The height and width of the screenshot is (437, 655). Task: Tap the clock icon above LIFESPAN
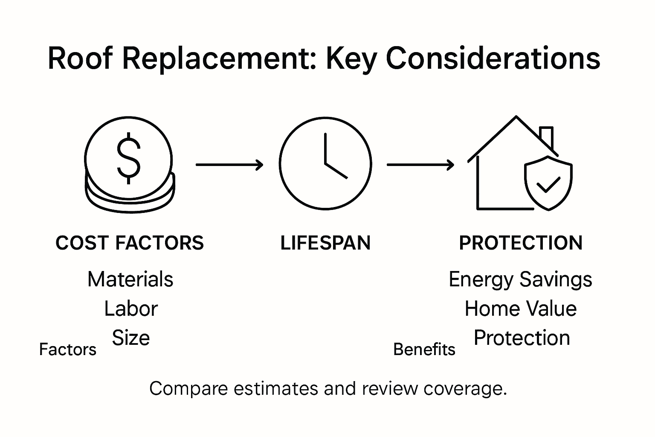pyautogui.click(x=325, y=164)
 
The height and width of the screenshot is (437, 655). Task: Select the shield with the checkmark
pyautogui.click(x=548, y=183)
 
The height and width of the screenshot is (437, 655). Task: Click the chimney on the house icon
pyautogui.click(x=546, y=137)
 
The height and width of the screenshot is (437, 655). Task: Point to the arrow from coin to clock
pyautogui.click(x=229, y=164)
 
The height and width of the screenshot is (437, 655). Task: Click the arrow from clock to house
pyautogui.click(x=420, y=164)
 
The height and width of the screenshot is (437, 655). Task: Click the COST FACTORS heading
pyautogui.click(x=130, y=243)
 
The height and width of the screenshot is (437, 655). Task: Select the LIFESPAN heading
pyautogui.click(x=325, y=243)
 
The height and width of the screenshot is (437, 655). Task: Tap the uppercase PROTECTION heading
pyautogui.click(x=521, y=243)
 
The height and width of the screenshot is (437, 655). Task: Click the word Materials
pyautogui.click(x=130, y=280)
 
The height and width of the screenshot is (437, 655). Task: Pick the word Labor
pyautogui.click(x=131, y=309)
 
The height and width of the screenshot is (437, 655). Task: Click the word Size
pyautogui.click(x=131, y=338)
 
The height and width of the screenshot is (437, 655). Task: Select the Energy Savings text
pyautogui.click(x=520, y=280)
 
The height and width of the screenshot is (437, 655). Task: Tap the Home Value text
pyautogui.click(x=521, y=309)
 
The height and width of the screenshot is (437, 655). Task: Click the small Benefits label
pyautogui.click(x=424, y=350)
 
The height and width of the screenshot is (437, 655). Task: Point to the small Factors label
pyautogui.click(x=68, y=350)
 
